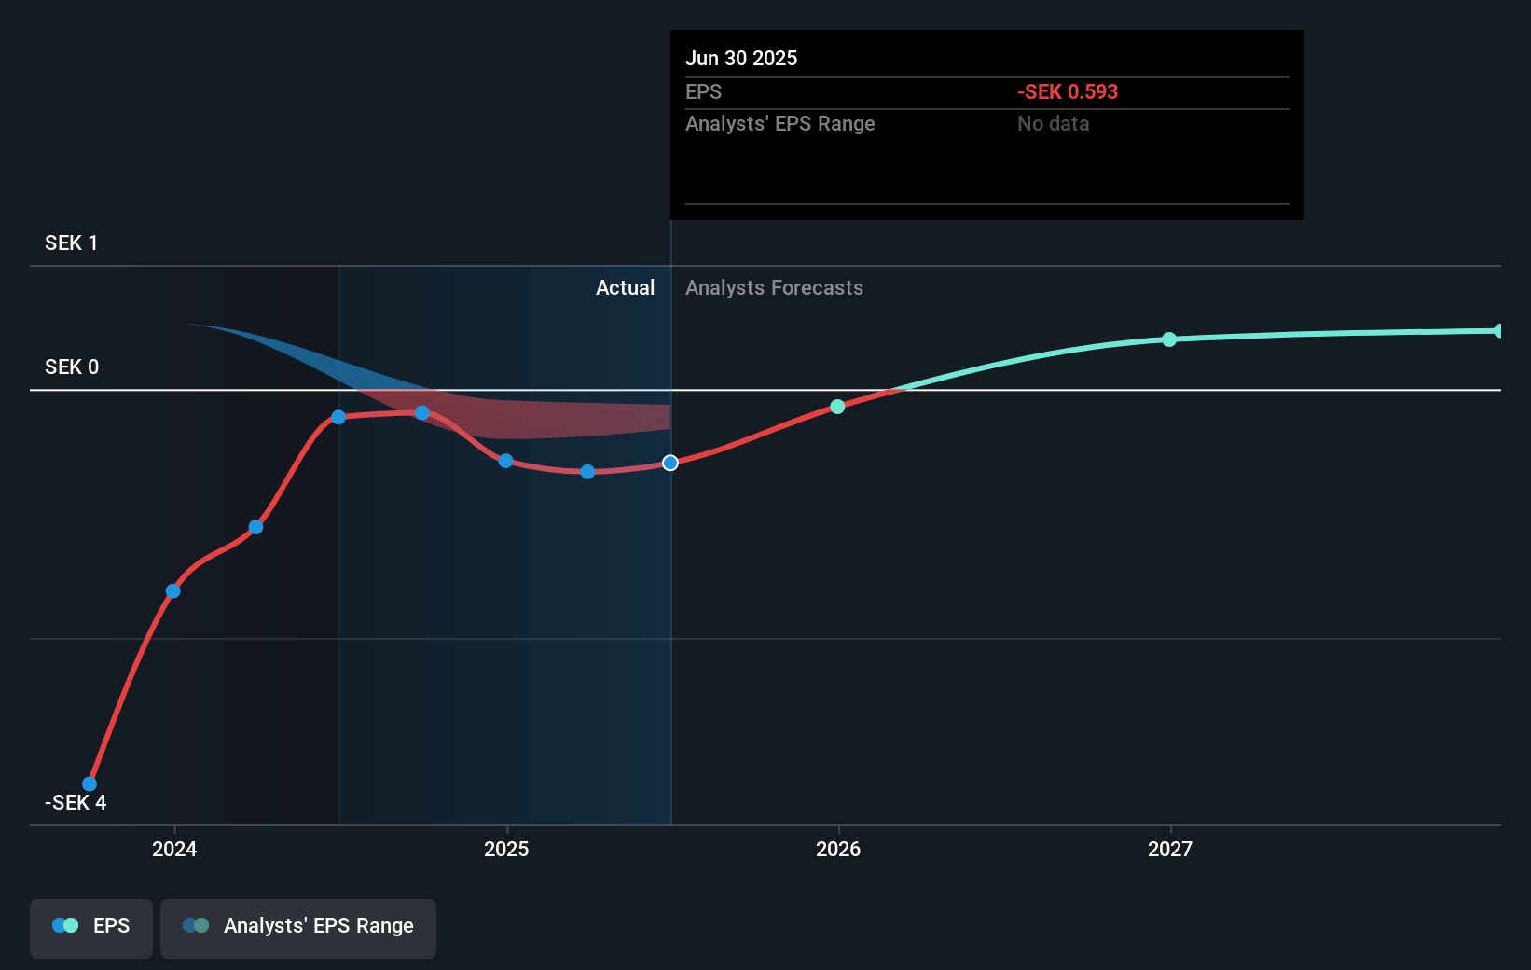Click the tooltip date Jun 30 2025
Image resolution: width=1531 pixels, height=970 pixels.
[741, 59]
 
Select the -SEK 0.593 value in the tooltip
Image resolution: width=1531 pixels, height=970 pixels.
[1067, 92]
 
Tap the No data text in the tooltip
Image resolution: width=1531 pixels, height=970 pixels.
[1053, 124]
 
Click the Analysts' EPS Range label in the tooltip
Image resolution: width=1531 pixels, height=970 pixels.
[779, 124]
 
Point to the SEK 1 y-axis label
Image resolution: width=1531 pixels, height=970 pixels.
[71, 243]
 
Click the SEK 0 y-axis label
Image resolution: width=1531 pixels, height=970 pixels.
[71, 367]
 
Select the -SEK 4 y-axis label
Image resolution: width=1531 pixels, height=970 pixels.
[75, 803]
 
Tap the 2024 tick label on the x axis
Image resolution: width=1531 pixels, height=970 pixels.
[174, 850]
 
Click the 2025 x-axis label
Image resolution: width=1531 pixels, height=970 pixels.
[506, 850]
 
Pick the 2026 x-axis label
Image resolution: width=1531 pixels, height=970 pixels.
[838, 850]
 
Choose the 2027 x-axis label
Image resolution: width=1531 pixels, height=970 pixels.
[1170, 850]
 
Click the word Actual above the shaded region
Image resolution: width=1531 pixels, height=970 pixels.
[625, 288]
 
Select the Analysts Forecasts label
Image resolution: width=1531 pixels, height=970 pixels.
[774, 288]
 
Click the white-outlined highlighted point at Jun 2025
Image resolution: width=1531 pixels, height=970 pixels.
[670, 464]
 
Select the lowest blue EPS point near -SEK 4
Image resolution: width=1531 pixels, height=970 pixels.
[90, 784]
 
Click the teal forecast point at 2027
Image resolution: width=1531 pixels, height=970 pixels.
[1169, 339]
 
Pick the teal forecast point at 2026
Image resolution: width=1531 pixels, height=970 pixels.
[837, 407]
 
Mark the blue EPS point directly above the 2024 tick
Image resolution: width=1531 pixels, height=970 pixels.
[173, 591]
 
